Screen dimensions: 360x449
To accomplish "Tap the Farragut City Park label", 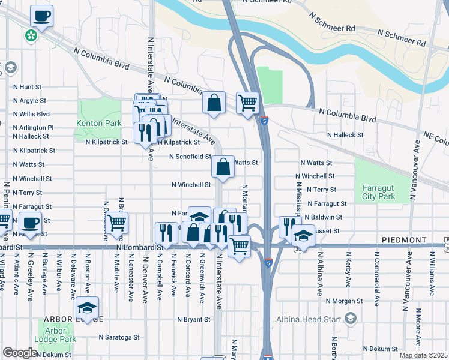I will click(x=379, y=192).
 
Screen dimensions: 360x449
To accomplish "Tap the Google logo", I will click(x=19, y=353).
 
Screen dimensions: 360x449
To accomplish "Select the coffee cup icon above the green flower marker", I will click(x=41, y=16).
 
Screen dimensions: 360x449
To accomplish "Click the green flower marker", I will click(x=31, y=37).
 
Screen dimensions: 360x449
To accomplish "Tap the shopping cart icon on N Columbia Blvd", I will click(x=247, y=103).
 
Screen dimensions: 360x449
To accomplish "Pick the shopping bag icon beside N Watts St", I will click(x=223, y=168).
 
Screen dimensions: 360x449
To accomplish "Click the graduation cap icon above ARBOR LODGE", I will click(x=88, y=308).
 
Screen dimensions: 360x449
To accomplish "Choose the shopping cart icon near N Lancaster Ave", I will click(x=117, y=223).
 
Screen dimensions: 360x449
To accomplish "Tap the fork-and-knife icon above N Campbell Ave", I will click(x=166, y=233).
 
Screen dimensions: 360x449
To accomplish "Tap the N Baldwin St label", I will click(x=323, y=217).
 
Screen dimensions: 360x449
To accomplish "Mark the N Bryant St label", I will click(x=194, y=320).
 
